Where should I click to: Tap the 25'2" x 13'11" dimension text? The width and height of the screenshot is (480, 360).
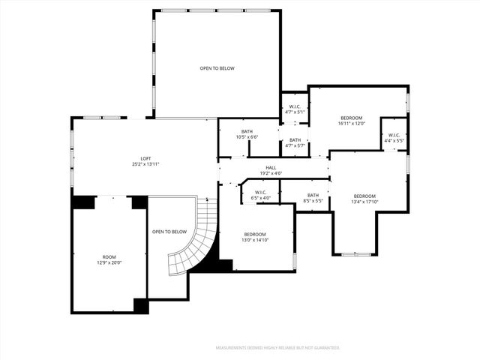click(x=146, y=164)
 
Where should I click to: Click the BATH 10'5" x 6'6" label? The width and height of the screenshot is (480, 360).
click(x=247, y=134)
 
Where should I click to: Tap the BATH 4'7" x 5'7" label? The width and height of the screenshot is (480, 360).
click(x=295, y=142)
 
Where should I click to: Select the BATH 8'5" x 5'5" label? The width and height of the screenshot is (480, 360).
click(x=313, y=198)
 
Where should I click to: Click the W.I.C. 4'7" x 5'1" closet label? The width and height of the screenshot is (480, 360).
click(x=295, y=109)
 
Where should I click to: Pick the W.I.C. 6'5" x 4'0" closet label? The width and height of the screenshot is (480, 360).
click(x=261, y=195)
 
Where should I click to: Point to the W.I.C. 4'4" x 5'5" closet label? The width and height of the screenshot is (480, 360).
click(x=394, y=138)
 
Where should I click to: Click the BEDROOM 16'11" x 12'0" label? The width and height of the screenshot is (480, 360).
click(x=352, y=121)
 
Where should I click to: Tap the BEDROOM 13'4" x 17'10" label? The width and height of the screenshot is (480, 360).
click(x=364, y=199)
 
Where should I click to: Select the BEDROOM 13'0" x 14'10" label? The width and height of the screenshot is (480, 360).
click(x=255, y=236)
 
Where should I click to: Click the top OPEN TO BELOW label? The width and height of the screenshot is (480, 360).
click(x=217, y=68)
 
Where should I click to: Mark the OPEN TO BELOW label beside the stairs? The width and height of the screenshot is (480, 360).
click(x=169, y=232)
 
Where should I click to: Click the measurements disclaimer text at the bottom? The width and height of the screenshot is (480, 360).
click(x=277, y=348)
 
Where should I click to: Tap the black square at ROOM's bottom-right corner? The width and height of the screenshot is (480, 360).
click(x=141, y=305)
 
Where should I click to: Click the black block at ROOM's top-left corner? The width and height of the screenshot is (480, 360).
click(x=83, y=202)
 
